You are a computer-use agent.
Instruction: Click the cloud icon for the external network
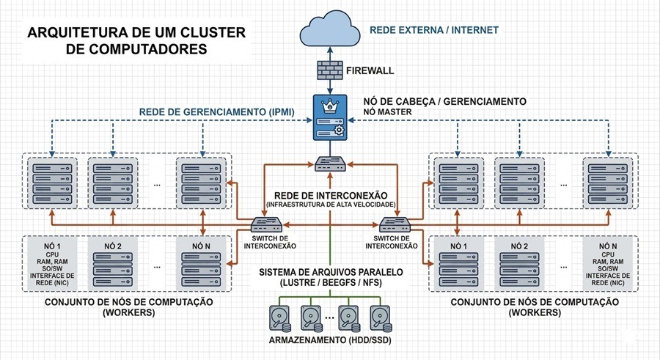tap(329, 29)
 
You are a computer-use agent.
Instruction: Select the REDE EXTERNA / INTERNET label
tap(434, 30)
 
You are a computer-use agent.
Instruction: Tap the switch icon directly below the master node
tap(329, 165)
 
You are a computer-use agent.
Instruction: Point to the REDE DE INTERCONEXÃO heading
tap(329, 194)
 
